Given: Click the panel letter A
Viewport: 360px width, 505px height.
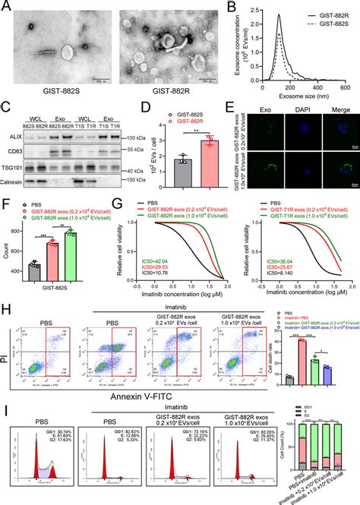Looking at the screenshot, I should click(x=6, y=8).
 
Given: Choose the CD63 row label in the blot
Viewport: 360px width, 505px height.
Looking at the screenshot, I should click(x=15, y=151).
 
